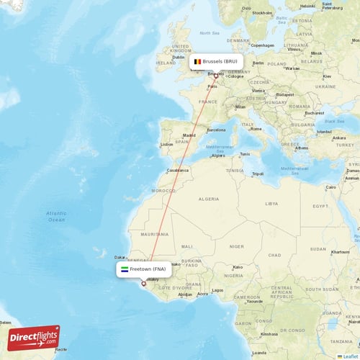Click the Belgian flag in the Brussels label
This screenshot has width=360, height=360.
click(196, 62)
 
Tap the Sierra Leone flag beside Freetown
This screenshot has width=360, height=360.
click(124, 269)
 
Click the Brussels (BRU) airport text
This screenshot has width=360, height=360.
click(220, 62)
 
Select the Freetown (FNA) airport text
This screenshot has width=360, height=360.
click(148, 269)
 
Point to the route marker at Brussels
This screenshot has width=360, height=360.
click(215, 76)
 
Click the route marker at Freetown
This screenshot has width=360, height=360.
click(143, 283)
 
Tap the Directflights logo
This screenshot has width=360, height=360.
click(34, 337)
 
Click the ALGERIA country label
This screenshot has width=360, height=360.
click(209, 199)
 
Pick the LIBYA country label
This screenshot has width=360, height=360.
click(271, 204)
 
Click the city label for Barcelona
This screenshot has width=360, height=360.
click(216, 130)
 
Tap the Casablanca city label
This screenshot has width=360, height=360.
click(178, 171)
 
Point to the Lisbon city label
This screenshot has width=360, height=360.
click(167, 144)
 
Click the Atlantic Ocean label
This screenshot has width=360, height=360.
click(55, 216)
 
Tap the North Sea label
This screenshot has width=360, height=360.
click(210, 33)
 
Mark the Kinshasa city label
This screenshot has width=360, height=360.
click(269, 335)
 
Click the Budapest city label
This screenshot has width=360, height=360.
click(284, 94)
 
